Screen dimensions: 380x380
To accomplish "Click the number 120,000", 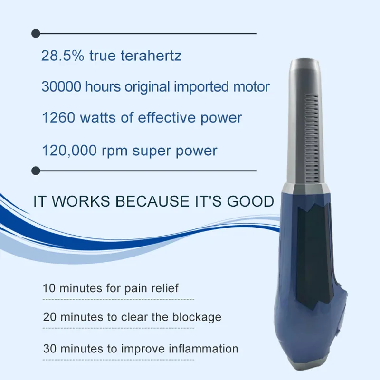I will [70, 151].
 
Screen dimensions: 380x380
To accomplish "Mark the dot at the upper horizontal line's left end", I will [35, 33].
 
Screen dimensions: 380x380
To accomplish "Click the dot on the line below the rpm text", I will [35, 170].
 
